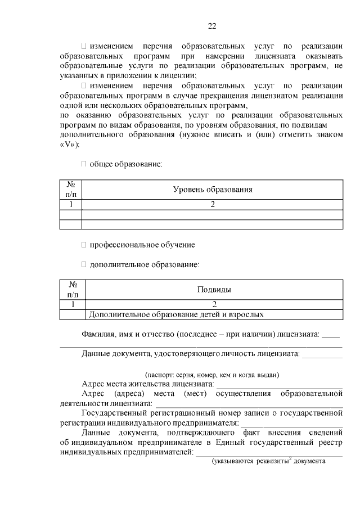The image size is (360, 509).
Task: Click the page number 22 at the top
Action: click(x=212, y=26)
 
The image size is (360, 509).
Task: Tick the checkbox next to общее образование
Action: click(x=84, y=164)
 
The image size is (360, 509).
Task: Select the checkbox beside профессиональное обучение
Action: click(x=84, y=245)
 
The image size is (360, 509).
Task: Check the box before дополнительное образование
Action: click(x=84, y=264)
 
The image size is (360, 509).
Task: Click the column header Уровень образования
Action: click(x=212, y=190)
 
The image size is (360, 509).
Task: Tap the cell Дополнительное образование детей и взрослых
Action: click(x=177, y=315)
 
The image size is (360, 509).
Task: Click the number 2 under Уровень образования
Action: click(x=213, y=205)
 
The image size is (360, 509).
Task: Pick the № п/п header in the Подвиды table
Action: click(x=73, y=290)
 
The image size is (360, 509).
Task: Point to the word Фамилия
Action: click(x=97, y=334)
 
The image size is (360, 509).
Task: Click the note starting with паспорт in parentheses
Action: click(x=212, y=375)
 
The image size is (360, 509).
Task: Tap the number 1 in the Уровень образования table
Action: click(x=71, y=205)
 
